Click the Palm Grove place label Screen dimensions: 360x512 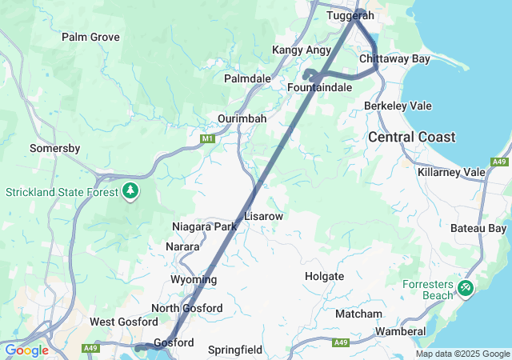click(x=90, y=37)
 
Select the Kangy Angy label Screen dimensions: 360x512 click(x=302, y=50)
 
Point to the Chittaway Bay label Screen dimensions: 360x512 click(x=395, y=59)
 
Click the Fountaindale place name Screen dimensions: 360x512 click(x=320, y=86)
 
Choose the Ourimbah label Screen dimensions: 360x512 click(x=242, y=118)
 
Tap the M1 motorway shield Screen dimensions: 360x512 click(x=208, y=139)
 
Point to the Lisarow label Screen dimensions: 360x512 click(x=264, y=216)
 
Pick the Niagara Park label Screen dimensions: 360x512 click(x=204, y=226)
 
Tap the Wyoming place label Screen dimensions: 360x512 click(x=193, y=279)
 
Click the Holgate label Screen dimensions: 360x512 click(x=324, y=276)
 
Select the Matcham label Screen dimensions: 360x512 click(x=358, y=314)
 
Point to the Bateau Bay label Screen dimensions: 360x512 click(x=478, y=229)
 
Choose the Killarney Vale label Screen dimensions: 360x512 click(x=451, y=172)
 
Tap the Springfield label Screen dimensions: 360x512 click(x=235, y=350)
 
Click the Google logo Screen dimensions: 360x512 click(x=26, y=350)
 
